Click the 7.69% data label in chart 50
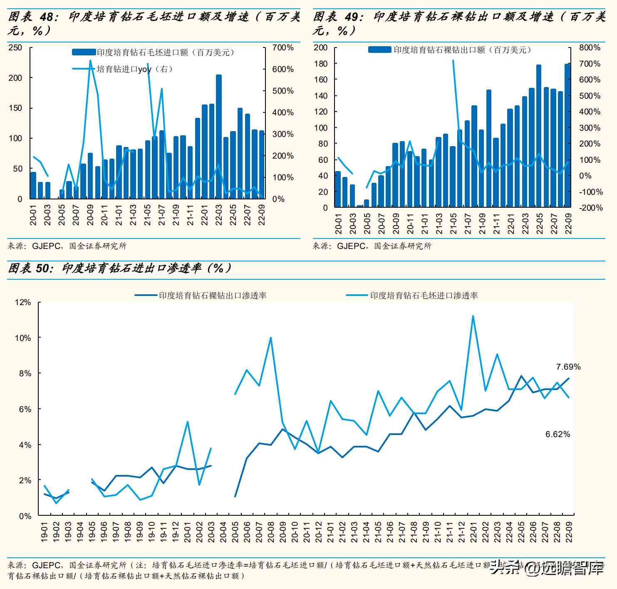pos(568,367)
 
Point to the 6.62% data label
pos(558,434)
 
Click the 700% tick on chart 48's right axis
pos(283,48)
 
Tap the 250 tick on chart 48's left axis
pos(15,48)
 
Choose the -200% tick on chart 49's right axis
pos(591,208)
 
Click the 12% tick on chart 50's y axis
pos(23,302)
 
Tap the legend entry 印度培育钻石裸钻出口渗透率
pos(212,296)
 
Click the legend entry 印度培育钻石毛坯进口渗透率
pos(424,296)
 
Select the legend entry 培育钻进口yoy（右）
pos(134,69)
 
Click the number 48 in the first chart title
pos(47,17)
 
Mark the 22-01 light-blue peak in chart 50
pos(473,316)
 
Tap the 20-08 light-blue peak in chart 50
pos(271,338)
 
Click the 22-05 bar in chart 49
pos(539,136)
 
